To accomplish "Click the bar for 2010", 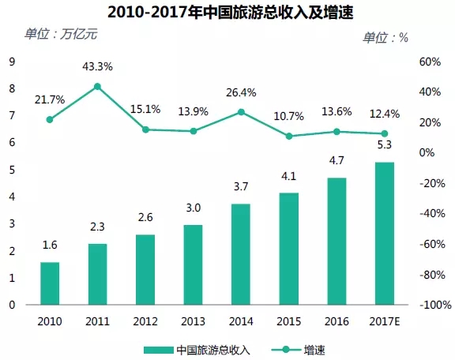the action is pyautogui.click(x=50, y=283).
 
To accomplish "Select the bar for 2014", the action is pyautogui.click(x=241, y=254).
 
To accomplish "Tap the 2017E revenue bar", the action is pyautogui.click(x=385, y=233).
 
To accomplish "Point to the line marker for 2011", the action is pyautogui.click(x=97, y=86).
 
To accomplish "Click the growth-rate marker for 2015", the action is pyautogui.click(x=289, y=136).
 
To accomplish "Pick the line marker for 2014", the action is pyautogui.click(x=241, y=112).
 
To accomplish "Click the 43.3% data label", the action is pyautogui.click(x=97, y=67).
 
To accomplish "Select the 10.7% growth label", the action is pyautogui.click(x=289, y=116).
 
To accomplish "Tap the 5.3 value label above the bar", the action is pyautogui.click(x=385, y=144).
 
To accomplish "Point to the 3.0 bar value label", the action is pyautogui.click(x=194, y=208).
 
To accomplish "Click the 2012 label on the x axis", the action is pyautogui.click(x=145, y=321).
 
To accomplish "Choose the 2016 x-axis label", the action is pyautogui.click(x=337, y=321).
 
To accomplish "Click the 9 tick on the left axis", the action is pyautogui.click(x=12, y=62).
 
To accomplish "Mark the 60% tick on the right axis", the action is pyautogui.click(x=430, y=62).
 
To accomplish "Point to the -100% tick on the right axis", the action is pyautogui.click(x=435, y=305).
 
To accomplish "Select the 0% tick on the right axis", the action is pyautogui.click(x=427, y=152).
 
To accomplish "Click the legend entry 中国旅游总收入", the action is pyautogui.click(x=197, y=350).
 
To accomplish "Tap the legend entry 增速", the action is pyautogui.click(x=299, y=350).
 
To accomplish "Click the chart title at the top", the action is pyautogui.click(x=231, y=13).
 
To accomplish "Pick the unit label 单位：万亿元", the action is pyautogui.click(x=61, y=34).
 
